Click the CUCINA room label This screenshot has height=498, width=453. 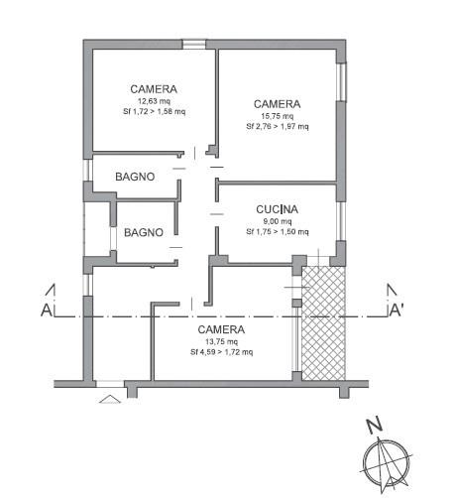click(x=277, y=209)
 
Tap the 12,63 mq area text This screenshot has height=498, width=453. click(x=154, y=101)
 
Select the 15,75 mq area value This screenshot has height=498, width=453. click(x=278, y=116)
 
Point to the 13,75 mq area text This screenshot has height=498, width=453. click(x=221, y=341)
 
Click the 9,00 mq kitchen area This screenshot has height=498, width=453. click(x=278, y=221)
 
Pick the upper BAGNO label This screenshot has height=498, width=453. click(x=135, y=177)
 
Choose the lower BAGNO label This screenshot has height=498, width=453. click(x=144, y=232)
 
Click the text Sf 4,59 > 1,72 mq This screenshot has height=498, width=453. click(x=222, y=352)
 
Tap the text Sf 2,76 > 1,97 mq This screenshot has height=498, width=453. click(x=278, y=126)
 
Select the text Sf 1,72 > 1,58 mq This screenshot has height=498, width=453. click(x=155, y=111)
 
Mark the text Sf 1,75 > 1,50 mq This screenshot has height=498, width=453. click(x=278, y=232)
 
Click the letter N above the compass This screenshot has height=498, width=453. click(x=374, y=426)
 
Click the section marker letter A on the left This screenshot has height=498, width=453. click(x=47, y=311)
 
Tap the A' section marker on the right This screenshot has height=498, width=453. click(x=396, y=311)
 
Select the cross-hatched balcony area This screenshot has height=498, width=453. click(x=324, y=323)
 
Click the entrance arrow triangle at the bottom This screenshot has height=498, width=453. click(x=110, y=399)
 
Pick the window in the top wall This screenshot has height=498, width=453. click(x=194, y=45)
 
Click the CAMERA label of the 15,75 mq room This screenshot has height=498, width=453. click(x=277, y=104)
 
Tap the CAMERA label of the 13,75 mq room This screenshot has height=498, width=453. click(x=221, y=329)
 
